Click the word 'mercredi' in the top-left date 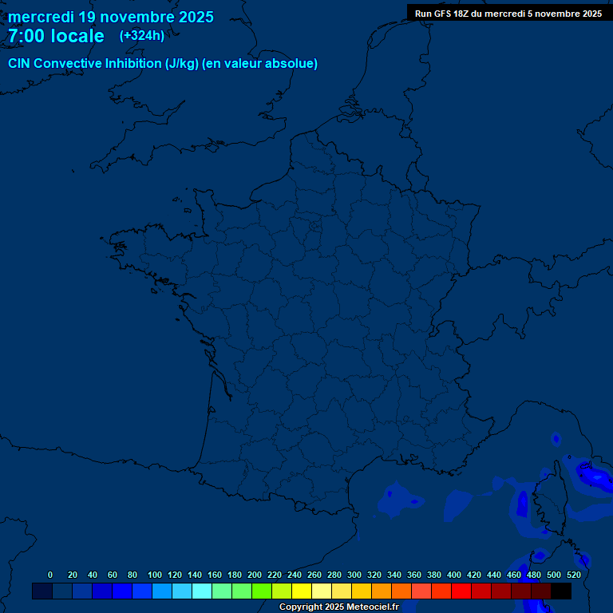(42, 17)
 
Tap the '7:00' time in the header (26, 36)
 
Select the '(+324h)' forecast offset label (142, 36)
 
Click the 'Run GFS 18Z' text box (508, 14)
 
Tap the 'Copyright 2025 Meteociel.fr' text (339, 607)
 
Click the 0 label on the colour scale (50, 575)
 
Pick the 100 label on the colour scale (155, 575)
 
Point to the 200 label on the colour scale (255, 575)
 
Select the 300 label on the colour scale (354, 575)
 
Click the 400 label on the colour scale (454, 575)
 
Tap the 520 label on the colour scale (573, 575)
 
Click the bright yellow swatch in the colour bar (302, 591)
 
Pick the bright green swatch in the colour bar (262, 591)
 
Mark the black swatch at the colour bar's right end (561, 591)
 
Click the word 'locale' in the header (77, 36)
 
